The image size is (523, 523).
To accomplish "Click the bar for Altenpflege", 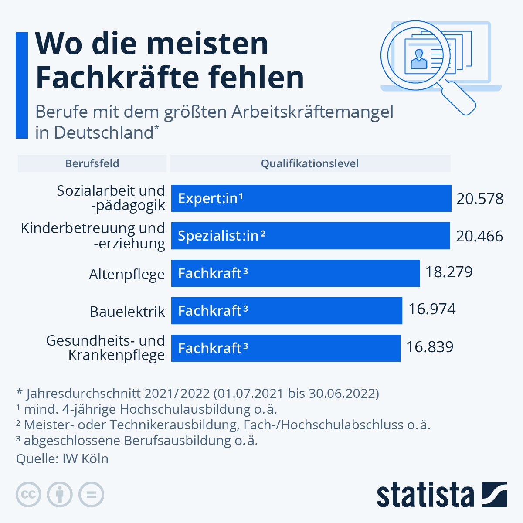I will tap(295, 273).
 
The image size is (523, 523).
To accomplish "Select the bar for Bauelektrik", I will tap(286, 311).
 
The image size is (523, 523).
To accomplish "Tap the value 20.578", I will tap(480, 199).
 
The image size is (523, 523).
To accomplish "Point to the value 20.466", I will tap(479, 236).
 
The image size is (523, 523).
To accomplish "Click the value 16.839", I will tap(430, 347).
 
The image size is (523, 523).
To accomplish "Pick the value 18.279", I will tap(449, 272).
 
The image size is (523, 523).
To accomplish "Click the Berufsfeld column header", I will tap(92, 163).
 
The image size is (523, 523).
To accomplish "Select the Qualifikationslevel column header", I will tap(309, 163).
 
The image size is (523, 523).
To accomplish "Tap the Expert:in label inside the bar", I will tap(210, 199).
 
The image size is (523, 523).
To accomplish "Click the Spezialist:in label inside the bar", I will tap(221, 236).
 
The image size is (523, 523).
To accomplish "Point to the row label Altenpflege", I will tap(127, 275).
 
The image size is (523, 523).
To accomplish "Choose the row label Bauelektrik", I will tap(127, 312).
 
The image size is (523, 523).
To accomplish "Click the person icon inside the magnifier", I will tap(419, 59).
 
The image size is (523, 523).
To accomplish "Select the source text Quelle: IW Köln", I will tap(62, 459).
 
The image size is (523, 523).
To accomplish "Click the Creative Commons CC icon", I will tap(28, 495).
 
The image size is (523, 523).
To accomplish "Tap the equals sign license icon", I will tap(91, 495).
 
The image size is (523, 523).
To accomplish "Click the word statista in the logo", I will tap(425, 495).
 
